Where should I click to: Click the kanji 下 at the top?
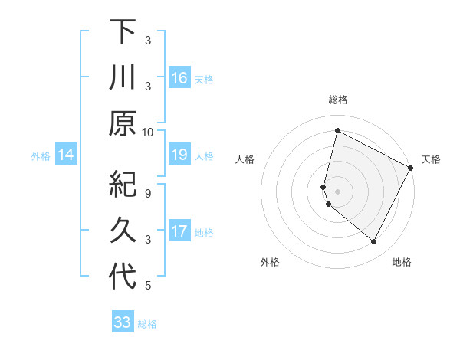coord(123,33)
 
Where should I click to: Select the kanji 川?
coord(123,78)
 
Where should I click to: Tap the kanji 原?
coord(123,123)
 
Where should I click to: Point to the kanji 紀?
coord(123,185)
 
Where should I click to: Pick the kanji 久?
coord(123,230)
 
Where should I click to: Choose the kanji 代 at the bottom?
coord(123,276)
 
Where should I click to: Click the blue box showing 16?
coord(179,78)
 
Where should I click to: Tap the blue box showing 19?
coord(179,155)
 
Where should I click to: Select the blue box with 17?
coord(179,231)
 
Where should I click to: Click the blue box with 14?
coord(66,155)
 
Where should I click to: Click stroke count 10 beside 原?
coord(148,132)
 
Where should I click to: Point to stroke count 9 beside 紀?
coord(148,193)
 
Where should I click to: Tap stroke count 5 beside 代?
coord(148,286)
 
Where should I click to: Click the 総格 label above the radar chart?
coord(338,100)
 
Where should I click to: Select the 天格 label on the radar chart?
coord(431,159)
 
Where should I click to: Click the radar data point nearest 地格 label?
coord(374,242)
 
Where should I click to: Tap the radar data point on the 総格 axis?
coord(337,130)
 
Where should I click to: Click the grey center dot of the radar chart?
coord(337,191)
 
